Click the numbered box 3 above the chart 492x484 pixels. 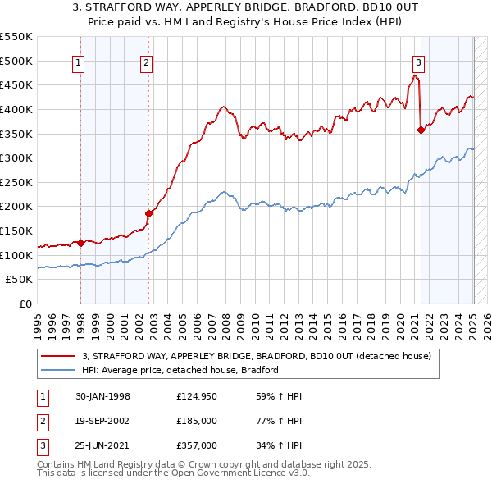[418, 62]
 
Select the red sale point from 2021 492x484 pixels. [421, 129]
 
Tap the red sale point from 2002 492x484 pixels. [149, 213]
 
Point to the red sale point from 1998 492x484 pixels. [81, 243]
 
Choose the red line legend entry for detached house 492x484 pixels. [262, 356]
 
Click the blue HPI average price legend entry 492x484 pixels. [180, 370]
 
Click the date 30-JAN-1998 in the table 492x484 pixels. [102, 397]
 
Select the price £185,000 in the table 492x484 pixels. [197, 421]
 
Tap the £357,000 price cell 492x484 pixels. [197, 445]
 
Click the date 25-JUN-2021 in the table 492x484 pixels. [102, 445]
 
